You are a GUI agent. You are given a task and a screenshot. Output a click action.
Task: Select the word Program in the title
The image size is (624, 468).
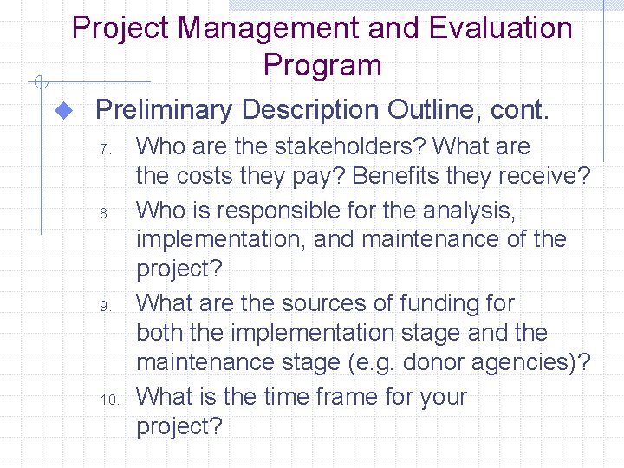tap(322, 65)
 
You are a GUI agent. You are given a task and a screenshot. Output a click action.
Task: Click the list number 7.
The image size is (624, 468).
tap(107, 150)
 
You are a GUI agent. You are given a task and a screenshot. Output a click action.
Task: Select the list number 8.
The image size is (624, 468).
tap(107, 212)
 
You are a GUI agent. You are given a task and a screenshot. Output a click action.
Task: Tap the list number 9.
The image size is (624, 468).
tap(107, 306)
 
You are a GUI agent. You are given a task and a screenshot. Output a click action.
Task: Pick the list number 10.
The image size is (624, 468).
tap(111, 400)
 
